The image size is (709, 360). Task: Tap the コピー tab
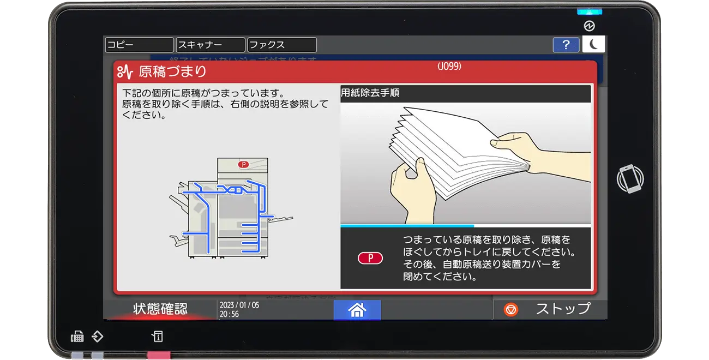(x=139, y=45)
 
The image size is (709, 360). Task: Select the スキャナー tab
(x=211, y=45)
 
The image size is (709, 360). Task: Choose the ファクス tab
(x=282, y=45)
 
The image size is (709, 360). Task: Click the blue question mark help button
(x=566, y=45)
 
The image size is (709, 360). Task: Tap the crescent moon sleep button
(x=593, y=44)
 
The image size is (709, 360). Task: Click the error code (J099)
(x=449, y=66)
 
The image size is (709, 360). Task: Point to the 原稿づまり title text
(x=172, y=71)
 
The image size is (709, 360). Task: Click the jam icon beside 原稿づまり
(x=125, y=71)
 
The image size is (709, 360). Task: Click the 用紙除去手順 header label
(x=370, y=93)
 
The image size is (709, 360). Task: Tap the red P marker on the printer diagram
(x=243, y=164)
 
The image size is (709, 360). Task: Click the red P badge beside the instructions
(x=370, y=258)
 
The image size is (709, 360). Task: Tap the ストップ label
(x=563, y=309)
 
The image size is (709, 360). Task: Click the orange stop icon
(x=511, y=310)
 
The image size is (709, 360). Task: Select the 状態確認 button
(x=160, y=309)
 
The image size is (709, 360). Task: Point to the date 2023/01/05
(x=239, y=305)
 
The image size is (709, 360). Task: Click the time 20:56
(x=229, y=314)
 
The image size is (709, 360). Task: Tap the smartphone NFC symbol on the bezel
(x=630, y=178)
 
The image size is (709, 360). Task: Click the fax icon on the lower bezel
(x=77, y=337)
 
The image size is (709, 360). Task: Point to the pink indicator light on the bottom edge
(x=159, y=355)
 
